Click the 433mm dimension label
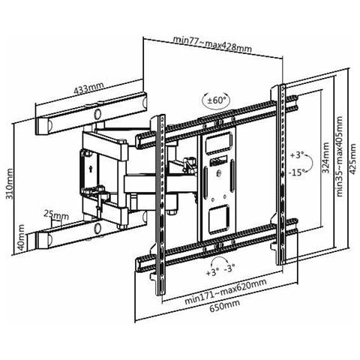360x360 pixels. pos(88,88)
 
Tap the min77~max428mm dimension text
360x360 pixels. pos(212,44)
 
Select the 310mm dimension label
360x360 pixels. pos(10,184)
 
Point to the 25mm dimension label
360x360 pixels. pos(56,214)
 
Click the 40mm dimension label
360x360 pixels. pos(21,238)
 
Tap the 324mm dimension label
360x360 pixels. pos(325,157)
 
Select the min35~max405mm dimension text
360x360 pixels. pos(339,157)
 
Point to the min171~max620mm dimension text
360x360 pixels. pos(226,291)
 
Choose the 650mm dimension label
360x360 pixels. pos(224,305)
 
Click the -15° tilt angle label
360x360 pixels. pos(297,172)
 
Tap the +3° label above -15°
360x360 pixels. pos(297,155)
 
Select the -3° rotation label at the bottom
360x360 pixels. pos(229,268)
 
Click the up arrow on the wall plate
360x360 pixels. pos(90,169)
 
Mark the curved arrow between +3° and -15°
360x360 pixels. pos(310,163)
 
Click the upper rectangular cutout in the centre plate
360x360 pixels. pos(218,142)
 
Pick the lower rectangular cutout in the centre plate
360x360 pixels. pos(219,219)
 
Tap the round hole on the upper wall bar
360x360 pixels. pos(97,114)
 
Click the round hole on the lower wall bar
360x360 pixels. pos(97,228)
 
